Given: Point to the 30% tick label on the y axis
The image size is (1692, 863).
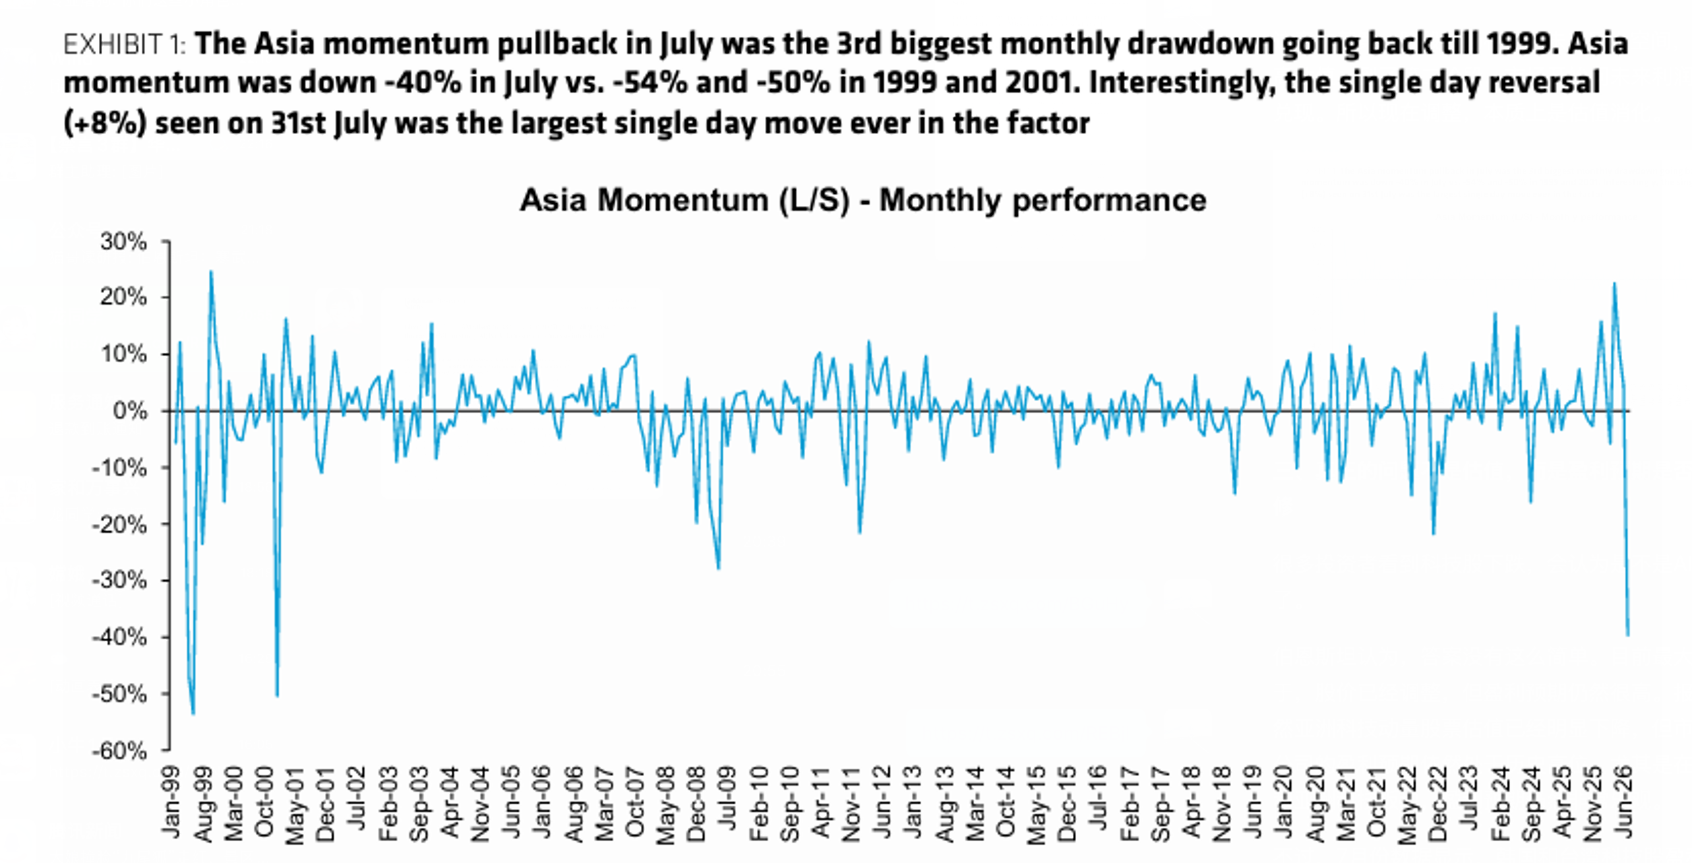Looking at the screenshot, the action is coord(124,242).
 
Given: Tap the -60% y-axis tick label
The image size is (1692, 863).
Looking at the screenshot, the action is coord(119,751).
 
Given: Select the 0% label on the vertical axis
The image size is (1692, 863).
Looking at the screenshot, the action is coord(131,411).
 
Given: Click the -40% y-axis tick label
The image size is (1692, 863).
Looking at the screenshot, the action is coord(119,637).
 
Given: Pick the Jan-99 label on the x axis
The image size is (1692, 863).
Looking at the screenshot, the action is coord(171,802).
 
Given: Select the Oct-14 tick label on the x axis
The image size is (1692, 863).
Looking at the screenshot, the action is coord(1006,802).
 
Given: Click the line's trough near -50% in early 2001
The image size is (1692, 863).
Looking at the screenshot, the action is coord(277,696).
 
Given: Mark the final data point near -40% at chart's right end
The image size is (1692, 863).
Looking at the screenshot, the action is coord(1628,635).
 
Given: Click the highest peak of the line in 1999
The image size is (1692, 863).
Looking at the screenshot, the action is coord(210,271).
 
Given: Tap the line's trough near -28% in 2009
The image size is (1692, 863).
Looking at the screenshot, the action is coord(719,569).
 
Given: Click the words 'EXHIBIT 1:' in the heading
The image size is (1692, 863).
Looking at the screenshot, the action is coord(125,45).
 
